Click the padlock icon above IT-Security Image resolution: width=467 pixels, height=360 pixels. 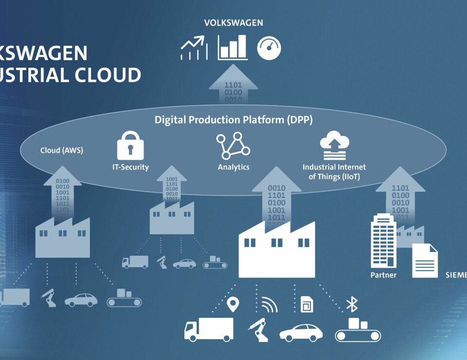point(130,145)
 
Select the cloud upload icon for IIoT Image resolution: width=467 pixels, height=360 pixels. point(334,145)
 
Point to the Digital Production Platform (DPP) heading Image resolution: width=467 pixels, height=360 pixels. point(233,119)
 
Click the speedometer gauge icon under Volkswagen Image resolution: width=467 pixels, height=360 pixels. point(269,49)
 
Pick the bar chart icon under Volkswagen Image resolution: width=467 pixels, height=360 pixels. point(233,48)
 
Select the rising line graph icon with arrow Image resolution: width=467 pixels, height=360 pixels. point(194,49)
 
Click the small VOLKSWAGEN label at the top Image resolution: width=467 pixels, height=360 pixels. point(233,23)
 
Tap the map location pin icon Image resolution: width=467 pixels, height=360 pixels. point(233,305)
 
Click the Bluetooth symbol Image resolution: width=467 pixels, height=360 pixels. point(351,304)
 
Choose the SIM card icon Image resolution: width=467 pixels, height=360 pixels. point(307,305)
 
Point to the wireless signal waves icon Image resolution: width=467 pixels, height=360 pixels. point(269,305)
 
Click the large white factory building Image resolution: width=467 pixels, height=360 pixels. point(276,251)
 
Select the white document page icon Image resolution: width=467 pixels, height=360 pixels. point(425,261)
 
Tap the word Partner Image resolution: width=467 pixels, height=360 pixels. point(383,275)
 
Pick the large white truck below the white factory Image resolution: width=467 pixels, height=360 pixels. point(208,329)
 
